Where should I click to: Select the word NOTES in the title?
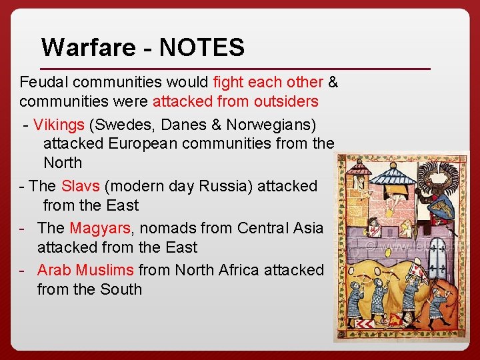202,47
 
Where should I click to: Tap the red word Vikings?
59,125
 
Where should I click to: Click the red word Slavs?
80,186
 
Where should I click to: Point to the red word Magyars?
100,228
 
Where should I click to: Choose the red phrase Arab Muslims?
86,270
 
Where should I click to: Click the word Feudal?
44,82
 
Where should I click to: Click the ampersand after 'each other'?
333,82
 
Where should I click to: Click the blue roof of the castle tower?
392,175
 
